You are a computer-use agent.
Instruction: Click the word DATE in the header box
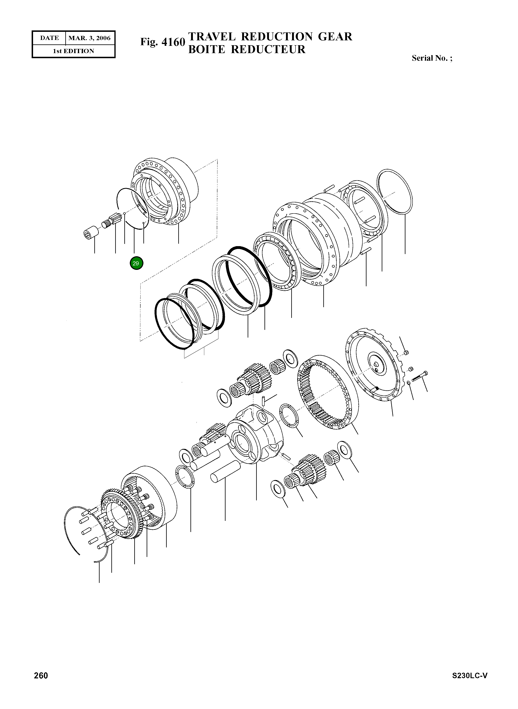[49, 38]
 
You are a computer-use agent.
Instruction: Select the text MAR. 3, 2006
[89, 38]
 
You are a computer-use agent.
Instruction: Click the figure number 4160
[173, 42]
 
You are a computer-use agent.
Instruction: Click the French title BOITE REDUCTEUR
[246, 49]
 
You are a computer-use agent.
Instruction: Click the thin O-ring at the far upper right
[395, 192]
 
